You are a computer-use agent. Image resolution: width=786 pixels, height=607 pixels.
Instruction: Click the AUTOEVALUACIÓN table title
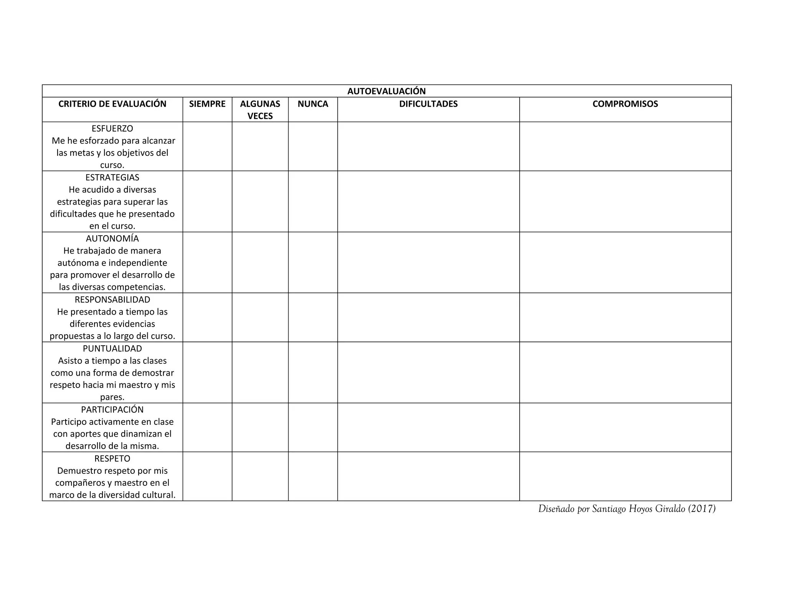pyautogui.click(x=386, y=91)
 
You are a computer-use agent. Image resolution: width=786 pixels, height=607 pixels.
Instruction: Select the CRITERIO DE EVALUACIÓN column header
pyautogui.click(x=112, y=104)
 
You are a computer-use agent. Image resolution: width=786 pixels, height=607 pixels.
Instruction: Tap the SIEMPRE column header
pyautogui.click(x=207, y=104)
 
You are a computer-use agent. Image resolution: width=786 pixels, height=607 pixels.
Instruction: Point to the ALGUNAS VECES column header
pyautogui.click(x=260, y=110)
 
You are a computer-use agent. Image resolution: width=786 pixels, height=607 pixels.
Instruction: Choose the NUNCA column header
pyautogui.click(x=313, y=104)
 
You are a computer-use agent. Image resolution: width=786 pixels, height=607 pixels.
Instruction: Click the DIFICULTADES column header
pyautogui.click(x=428, y=104)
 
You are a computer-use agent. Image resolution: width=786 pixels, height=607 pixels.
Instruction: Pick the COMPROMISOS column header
pyautogui.click(x=625, y=104)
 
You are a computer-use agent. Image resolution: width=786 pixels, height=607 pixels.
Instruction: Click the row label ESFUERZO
pyautogui.click(x=112, y=129)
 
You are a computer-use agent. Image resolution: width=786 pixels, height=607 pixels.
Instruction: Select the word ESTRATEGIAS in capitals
pyautogui.click(x=112, y=178)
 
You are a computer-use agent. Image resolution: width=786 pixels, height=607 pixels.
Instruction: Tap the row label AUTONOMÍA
pyautogui.click(x=112, y=239)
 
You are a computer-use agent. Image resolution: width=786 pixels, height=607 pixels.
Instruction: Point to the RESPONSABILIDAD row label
pyautogui.click(x=112, y=300)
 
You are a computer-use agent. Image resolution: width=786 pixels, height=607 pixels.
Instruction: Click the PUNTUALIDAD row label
pyautogui.click(x=112, y=349)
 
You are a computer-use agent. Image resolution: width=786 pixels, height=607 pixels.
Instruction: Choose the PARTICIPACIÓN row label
pyautogui.click(x=112, y=410)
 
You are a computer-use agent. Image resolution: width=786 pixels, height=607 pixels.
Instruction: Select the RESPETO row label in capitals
pyautogui.click(x=112, y=459)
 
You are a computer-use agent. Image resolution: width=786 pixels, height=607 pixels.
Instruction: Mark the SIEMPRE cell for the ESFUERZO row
pyautogui.click(x=207, y=147)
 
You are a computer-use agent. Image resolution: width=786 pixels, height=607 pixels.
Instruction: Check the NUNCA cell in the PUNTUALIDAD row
pyautogui.click(x=313, y=373)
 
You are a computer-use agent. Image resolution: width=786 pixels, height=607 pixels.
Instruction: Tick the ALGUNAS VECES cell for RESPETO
pyautogui.click(x=260, y=477)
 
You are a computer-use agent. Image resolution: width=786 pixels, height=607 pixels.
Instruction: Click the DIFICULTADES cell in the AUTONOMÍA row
pyautogui.click(x=428, y=262)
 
